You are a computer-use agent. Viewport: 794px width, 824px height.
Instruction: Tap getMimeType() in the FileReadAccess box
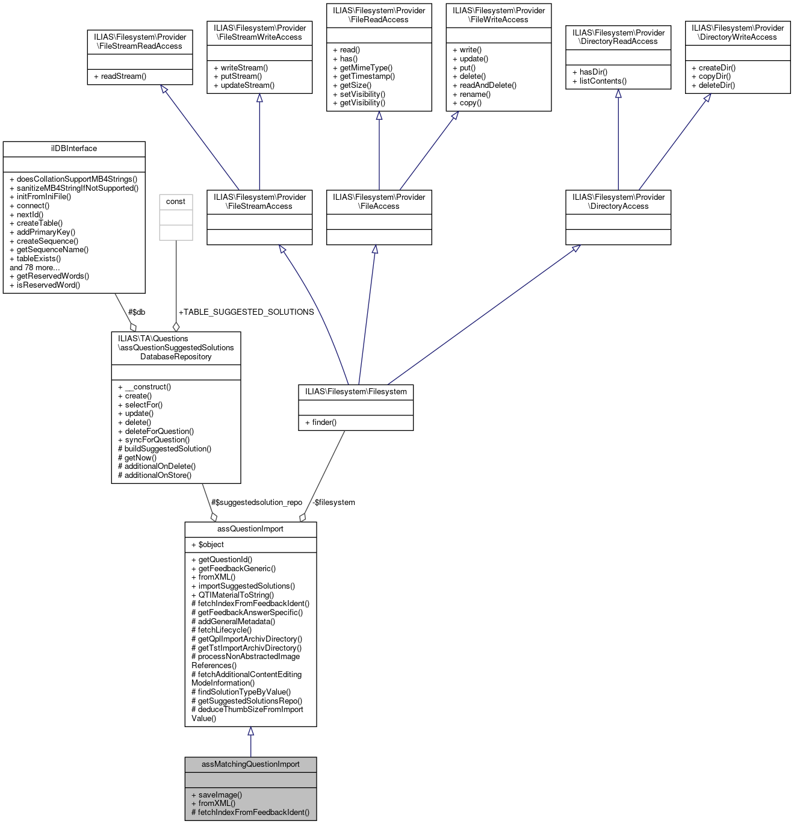point(362,67)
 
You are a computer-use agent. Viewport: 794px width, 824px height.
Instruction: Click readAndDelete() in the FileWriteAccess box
point(484,85)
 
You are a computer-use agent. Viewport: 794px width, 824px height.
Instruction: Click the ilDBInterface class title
point(74,149)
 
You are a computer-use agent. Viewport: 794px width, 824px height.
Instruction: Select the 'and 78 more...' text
point(35,267)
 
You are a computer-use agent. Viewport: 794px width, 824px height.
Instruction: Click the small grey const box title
point(176,202)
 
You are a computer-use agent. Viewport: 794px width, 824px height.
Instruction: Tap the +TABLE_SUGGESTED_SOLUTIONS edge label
point(246,312)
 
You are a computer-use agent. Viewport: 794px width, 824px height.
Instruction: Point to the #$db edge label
point(137,312)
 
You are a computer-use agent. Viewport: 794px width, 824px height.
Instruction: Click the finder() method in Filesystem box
point(320,422)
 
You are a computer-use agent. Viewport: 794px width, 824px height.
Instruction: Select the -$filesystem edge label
point(333,502)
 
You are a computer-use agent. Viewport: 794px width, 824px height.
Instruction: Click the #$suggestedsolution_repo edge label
point(256,502)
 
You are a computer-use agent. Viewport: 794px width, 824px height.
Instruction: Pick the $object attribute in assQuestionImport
point(208,544)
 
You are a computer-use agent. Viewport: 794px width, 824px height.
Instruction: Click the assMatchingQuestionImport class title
point(250,764)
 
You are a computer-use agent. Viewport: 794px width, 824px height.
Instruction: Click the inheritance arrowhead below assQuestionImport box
point(250,731)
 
